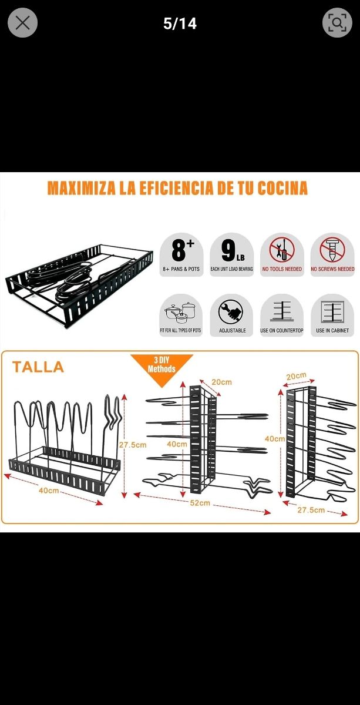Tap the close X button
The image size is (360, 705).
click(x=22, y=23)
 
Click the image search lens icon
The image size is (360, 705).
click(x=337, y=23)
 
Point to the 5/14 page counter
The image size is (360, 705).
click(x=180, y=23)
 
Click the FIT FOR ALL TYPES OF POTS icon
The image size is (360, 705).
click(x=181, y=314)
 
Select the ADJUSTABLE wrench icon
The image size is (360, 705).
click(x=231, y=314)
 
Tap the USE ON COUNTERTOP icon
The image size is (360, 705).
click(x=282, y=314)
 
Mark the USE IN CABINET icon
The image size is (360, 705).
click(x=332, y=314)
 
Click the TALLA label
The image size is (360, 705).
click(x=38, y=367)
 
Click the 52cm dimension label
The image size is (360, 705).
click(x=200, y=503)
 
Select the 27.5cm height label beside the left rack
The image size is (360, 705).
click(x=133, y=445)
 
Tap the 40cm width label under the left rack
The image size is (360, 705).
click(x=49, y=490)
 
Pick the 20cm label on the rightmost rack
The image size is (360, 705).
click(x=296, y=376)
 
